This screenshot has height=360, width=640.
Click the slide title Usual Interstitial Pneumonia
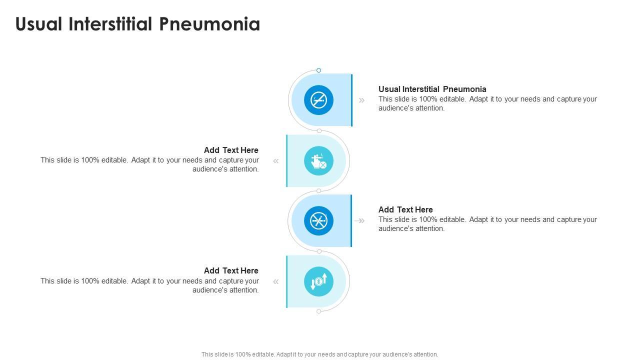coord(137,24)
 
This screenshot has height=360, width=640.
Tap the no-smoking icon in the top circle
coord(318,100)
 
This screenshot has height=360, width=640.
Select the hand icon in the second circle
coord(318,161)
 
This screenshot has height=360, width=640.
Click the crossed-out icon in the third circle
coord(318,220)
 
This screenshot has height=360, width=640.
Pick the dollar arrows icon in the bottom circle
coord(318,281)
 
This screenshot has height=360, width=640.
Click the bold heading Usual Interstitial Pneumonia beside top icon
coord(432,89)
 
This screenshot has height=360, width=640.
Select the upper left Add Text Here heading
coord(231,150)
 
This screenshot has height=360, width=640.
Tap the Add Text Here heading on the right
coord(405,209)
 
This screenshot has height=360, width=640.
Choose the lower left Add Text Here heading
coord(231,270)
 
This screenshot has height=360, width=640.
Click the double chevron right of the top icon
coord(361,100)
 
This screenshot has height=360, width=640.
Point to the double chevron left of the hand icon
coord(275,161)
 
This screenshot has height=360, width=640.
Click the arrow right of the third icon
coord(359,220)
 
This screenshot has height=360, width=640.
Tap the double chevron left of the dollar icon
coord(275,281)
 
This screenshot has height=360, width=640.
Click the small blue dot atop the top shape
coord(318,70)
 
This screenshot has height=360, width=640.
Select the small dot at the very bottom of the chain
coord(319,311)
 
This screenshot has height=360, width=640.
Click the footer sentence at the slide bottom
coord(319,354)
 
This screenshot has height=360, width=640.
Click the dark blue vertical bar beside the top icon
coord(352,100)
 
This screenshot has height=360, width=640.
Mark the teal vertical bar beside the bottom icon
coord(286,281)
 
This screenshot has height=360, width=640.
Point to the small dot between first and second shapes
coord(319,131)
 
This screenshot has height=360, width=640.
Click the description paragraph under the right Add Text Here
coord(487,224)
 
